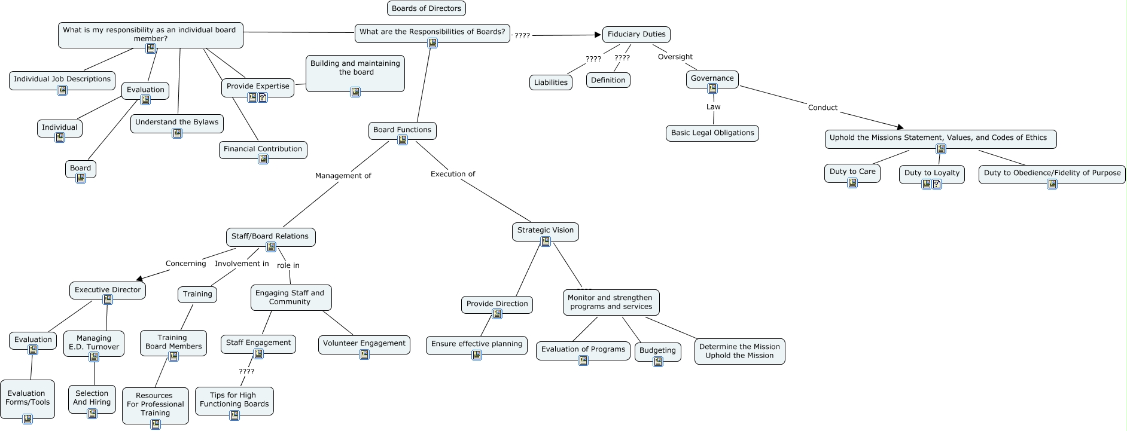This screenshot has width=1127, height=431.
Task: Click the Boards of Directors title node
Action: (x=427, y=8)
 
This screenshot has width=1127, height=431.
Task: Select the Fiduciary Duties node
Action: (x=636, y=35)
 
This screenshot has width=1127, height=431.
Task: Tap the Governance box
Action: (x=712, y=78)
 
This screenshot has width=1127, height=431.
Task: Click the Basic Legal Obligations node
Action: (x=712, y=133)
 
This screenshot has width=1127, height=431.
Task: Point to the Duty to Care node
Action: (x=852, y=172)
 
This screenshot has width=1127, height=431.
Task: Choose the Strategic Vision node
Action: (x=545, y=230)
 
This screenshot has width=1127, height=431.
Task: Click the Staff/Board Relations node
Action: (x=270, y=236)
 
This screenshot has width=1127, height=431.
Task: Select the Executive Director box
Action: (x=108, y=290)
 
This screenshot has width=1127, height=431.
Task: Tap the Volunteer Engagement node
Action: (x=364, y=343)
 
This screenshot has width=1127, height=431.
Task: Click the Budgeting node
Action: (x=657, y=351)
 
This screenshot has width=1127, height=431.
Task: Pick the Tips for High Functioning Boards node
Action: (x=234, y=400)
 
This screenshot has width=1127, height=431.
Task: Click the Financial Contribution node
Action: (x=263, y=149)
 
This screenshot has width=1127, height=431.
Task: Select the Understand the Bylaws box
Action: (x=176, y=122)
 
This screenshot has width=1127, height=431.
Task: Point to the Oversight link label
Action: (x=675, y=57)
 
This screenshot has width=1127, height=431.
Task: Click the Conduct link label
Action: (x=823, y=108)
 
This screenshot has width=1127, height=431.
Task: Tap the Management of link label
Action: (x=343, y=176)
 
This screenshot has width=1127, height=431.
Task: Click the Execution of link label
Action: (x=453, y=174)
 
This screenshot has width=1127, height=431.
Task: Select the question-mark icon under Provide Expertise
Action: (x=263, y=97)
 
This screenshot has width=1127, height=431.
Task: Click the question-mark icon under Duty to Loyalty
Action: (x=937, y=184)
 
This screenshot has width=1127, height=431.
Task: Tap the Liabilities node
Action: (x=550, y=82)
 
